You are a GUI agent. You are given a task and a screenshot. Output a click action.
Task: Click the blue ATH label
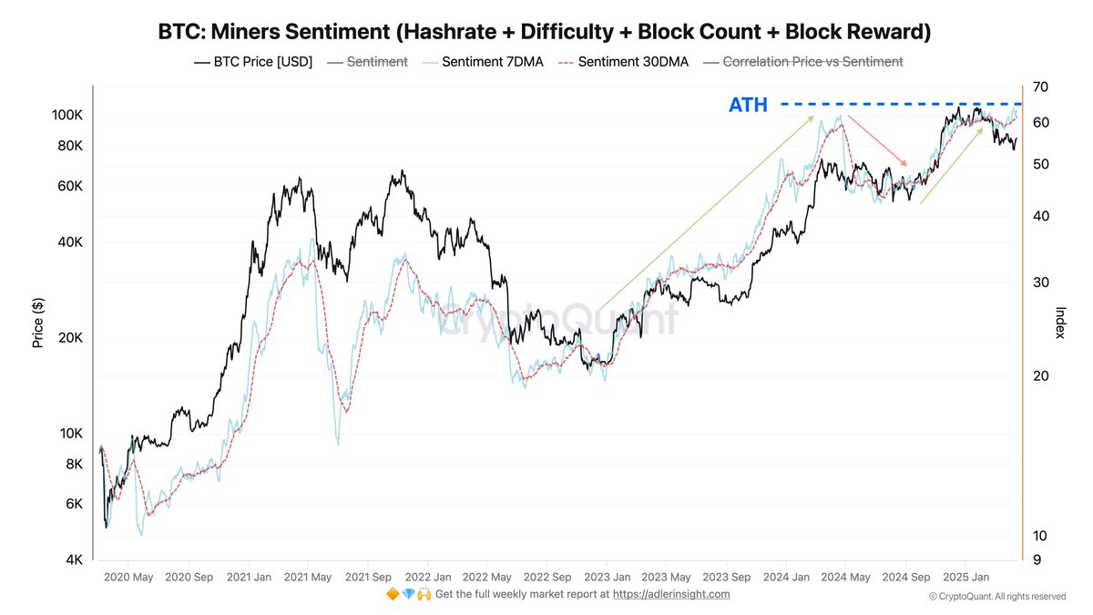coord(748,105)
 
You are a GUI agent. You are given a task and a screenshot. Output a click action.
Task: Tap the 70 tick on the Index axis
coord(1041,87)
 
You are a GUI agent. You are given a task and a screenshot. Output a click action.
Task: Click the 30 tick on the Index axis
coord(1041,282)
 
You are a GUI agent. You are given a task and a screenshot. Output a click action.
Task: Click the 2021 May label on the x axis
coord(307,577)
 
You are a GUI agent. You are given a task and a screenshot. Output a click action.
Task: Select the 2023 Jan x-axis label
coord(608,577)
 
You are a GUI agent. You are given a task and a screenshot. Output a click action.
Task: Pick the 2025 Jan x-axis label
coord(967,577)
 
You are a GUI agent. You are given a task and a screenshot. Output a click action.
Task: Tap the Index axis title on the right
coord(1060,323)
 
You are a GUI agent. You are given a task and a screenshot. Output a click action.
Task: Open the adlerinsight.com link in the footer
coord(671,594)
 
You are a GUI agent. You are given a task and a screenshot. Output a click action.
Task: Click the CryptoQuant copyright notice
coord(997,597)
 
